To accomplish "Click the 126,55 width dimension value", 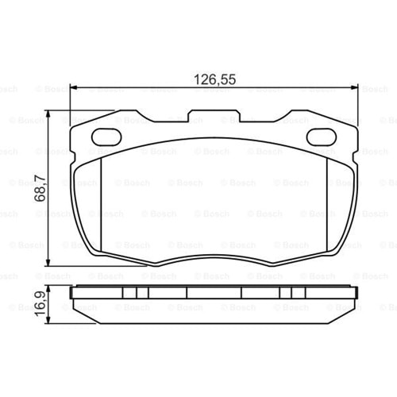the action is click(214, 79).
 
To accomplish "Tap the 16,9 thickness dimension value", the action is click(40, 304).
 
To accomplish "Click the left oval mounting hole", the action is click(106, 137).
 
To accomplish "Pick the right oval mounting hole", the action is click(322, 137).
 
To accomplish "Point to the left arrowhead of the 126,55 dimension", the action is click(75, 87).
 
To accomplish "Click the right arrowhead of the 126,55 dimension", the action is click(353, 87).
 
